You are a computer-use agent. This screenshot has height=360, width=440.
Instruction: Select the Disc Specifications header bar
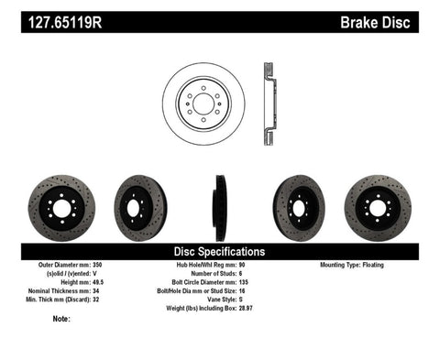click(x=219, y=250)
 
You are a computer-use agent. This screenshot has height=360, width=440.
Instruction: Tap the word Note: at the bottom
click(x=61, y=319)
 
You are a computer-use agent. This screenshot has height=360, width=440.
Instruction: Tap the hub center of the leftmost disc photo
click(x=62, y=208)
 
